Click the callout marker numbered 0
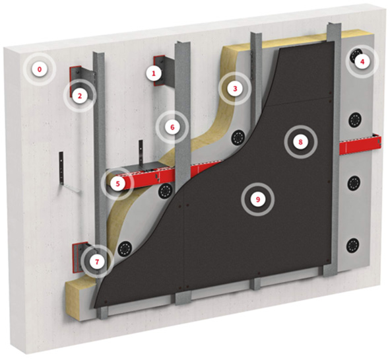[x=40, y=70]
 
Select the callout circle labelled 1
[x=154, y=73]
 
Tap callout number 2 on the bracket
[x=80, y=96]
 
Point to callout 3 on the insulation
[x=235, y=89]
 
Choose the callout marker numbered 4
[x=362, y=61]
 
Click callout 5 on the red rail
[x=117, y=184]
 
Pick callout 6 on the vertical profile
[x=172, y=127]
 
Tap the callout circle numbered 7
[x=97, y=262]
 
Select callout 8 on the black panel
[x=301, y=142]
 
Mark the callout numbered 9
[x=257, y=199]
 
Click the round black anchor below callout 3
[x=238, y=137]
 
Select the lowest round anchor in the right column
[x=353, y=245]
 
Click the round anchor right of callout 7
[x=124, y=248]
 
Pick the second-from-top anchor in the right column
[x=354, y=120]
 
